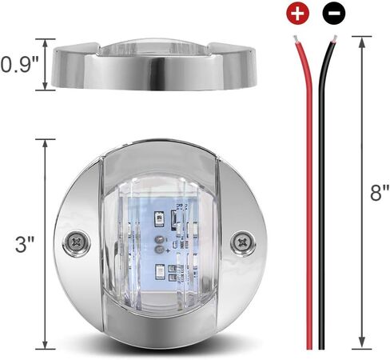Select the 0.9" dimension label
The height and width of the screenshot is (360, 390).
18,64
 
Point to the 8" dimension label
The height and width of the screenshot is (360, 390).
380,193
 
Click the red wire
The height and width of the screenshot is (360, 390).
306,200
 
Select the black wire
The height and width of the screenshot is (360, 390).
321,200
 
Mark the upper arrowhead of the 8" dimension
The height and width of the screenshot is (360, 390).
362,38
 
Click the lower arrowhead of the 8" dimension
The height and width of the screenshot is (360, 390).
362,346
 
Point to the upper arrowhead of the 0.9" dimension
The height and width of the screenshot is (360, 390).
46,40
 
